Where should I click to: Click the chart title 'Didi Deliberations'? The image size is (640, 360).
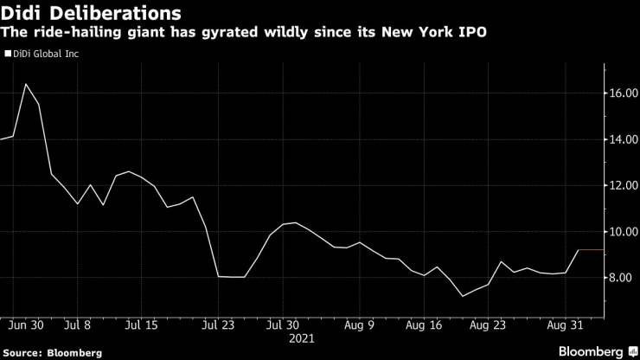91,14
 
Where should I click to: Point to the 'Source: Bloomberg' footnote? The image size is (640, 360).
52,352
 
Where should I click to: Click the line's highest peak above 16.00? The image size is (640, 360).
25,84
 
